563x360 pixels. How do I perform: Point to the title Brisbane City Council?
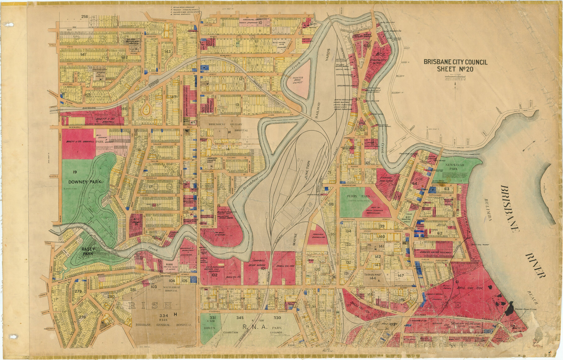(x=455, y=62)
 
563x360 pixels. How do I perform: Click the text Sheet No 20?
(x=455, y=69)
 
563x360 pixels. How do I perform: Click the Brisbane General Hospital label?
(x=164, y=325)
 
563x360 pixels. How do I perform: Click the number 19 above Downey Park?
(x=75, y=172)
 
